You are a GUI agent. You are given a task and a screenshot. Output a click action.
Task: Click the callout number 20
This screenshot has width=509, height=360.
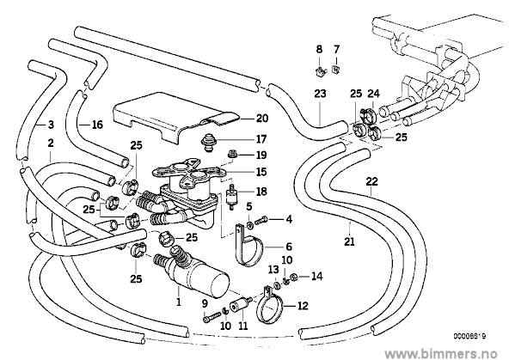pos(262,119)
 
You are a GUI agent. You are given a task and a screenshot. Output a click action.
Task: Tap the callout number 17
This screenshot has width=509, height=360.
pos(261,139)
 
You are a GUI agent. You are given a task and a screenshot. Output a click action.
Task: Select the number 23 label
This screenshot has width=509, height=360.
pos(320,94)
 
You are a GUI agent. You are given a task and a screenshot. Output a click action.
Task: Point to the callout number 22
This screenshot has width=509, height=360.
pos(371,181)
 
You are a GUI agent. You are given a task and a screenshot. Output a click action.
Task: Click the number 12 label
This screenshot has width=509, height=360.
pos(303,306)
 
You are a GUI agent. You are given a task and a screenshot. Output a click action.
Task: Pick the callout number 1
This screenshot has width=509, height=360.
pos(178,302)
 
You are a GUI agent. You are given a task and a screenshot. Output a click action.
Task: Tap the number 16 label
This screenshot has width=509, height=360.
pos(97,125)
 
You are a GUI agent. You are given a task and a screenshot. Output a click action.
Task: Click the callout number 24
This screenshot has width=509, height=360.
pos(373,94)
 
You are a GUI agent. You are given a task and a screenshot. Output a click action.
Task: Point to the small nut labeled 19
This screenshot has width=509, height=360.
pos(232,154)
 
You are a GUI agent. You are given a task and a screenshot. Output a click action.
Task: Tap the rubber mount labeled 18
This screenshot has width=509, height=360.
pos(232,197)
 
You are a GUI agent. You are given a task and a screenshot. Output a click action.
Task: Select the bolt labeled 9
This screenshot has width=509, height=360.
pos(212,316)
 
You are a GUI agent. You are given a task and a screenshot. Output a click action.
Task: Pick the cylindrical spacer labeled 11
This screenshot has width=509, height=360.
pos(240,304)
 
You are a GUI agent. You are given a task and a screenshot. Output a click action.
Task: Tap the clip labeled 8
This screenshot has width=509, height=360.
pos(320,71)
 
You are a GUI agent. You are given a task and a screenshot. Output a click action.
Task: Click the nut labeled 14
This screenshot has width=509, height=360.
pos(294,278)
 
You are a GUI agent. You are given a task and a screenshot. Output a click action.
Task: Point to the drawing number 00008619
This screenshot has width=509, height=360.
pos(469,336)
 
